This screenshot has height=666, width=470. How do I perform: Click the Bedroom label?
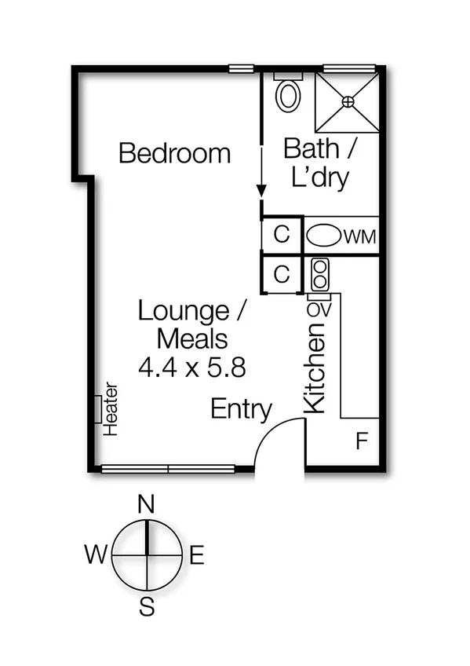[x=174, y=153]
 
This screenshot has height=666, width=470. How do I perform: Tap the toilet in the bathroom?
[x=288, y=94]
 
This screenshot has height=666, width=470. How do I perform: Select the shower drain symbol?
[x=348, y=101]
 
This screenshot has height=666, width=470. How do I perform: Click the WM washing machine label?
[x=360, y=236]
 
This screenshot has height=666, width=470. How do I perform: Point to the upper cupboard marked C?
[x=282, y=235]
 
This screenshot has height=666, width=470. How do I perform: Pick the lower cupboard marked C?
[x=282, y=274]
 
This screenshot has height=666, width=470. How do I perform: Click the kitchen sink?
[x=320, y=274]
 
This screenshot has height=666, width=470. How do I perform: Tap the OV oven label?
[x=319, y=309]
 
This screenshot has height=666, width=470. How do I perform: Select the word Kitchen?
[x=315, y=370]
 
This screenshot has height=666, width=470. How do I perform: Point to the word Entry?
[x=241, y=409]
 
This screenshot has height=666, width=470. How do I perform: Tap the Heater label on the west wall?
[x=110, y=408]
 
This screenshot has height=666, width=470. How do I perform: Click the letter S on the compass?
[x=146, y=605]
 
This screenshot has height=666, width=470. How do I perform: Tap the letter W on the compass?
[x=96, y=556]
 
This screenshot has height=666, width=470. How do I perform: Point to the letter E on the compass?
[x=196, y=556]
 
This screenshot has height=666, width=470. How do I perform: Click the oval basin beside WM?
[x=323, y=235]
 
